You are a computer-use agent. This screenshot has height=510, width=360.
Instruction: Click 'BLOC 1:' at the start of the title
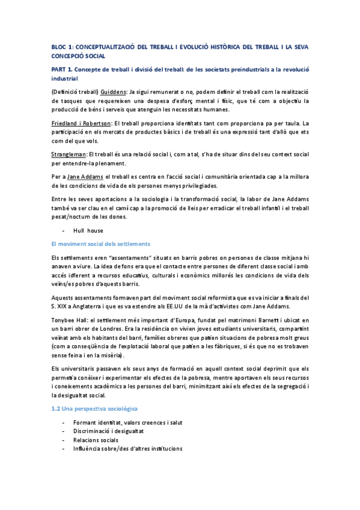(61, 46)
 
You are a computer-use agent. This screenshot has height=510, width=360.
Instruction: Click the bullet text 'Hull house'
(88, 230)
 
